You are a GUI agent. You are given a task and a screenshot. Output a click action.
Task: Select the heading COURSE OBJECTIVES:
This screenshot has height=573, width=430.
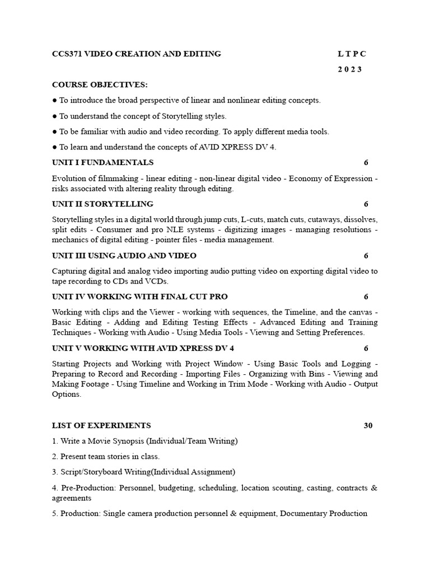tap(100, 85)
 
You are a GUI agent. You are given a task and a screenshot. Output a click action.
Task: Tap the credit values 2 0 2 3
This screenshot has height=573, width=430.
tap(350, 69)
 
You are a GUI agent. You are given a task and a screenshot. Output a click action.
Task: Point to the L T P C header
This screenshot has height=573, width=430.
tap(352, 54)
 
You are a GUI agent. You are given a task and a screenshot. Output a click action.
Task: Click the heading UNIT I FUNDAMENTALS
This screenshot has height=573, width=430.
tap(102, 163)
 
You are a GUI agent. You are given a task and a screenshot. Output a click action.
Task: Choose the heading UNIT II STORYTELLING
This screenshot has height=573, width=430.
tap(102, 204)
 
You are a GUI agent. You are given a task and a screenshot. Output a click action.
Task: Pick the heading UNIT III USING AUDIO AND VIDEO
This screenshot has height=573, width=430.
tap(124, 256)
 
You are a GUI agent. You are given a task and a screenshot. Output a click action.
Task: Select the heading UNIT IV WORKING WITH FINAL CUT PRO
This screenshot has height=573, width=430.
tap(140, 297)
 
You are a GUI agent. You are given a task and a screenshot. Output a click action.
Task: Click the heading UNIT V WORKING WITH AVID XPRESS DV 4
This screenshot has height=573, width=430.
tap(143, 348)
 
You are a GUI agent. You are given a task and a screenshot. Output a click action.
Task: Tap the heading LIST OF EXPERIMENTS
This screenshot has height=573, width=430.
tap(101, 426)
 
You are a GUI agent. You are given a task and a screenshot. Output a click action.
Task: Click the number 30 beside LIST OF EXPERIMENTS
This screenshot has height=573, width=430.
tap(368, 426)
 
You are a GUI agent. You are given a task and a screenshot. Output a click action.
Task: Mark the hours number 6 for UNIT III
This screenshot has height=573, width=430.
tap(366, 256)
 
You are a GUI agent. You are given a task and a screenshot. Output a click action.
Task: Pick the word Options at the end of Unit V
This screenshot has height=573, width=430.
tap(67, 394)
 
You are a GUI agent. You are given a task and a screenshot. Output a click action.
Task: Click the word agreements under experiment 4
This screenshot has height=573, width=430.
tap(72, 498)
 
